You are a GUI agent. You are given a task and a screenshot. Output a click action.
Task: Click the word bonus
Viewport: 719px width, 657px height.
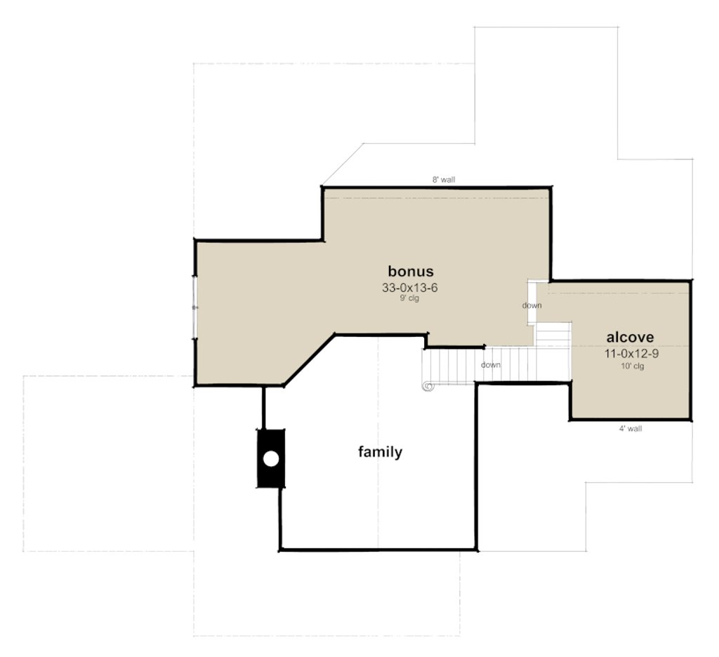(411, 271)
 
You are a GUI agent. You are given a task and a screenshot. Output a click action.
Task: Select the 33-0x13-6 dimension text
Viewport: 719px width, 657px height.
(411, 287)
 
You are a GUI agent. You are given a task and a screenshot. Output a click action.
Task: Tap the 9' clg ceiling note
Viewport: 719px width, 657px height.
(411, 298)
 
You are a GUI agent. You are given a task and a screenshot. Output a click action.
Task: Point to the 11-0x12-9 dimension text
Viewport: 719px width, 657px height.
(631, 353)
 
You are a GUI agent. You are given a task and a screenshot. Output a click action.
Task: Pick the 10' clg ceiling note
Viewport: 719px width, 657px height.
(631, 366)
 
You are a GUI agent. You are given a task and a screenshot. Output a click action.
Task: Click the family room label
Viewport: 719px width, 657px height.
(380, 452)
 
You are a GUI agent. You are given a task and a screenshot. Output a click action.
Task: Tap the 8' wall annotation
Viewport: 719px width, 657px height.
(444, 180)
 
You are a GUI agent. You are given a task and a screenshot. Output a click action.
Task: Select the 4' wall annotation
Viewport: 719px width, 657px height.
(630, 428)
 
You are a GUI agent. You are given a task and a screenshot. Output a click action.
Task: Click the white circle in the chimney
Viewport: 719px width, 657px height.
(271, 458)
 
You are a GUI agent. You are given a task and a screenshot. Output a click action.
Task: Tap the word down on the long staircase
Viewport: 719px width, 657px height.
(491, 365)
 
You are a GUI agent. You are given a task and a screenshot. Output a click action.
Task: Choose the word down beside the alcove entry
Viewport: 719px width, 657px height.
(532, 305)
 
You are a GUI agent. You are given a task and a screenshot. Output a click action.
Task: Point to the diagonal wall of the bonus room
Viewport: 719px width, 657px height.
(309, 360)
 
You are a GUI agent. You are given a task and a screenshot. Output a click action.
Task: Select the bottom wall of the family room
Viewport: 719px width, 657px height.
(378, 549)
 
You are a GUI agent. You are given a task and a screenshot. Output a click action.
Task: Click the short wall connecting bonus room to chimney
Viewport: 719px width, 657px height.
(264, 406)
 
